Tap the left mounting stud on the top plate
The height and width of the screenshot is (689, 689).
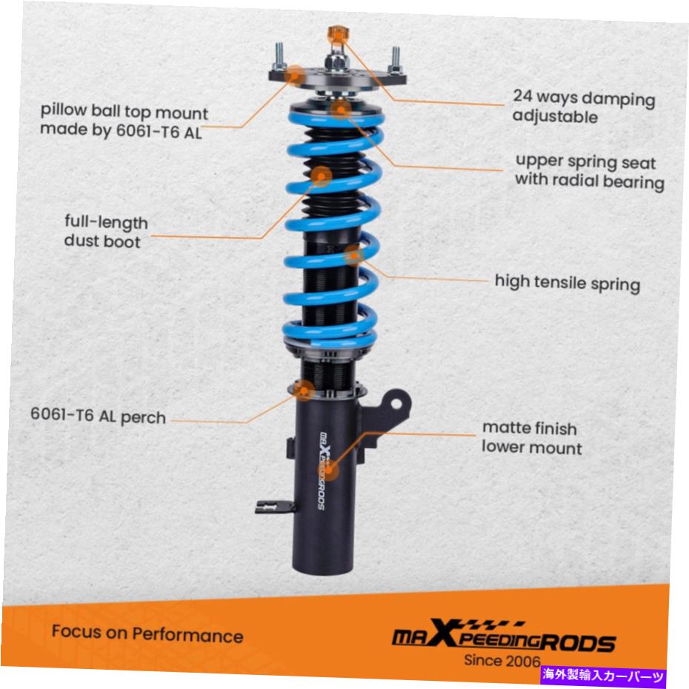(279, 56)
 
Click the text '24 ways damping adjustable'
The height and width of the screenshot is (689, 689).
(584, 107)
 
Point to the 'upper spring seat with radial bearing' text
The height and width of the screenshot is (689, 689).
(589, 171)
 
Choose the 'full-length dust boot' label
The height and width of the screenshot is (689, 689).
(106, 232)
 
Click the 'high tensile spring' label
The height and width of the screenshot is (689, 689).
(567, 282)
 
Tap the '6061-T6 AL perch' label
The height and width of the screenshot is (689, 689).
(98, 416)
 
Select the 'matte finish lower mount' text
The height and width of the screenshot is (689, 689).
(532, 438)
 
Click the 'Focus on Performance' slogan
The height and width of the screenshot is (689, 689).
(147, 633)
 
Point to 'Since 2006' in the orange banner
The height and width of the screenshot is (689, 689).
(502, 660)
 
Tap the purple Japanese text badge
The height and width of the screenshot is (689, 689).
(604, 675)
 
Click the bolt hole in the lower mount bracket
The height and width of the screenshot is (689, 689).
(396, 403)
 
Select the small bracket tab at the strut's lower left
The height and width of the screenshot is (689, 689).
(275, 507)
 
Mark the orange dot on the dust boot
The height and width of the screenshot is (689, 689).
(322, 176)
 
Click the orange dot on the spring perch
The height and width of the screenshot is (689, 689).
(304, 390)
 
